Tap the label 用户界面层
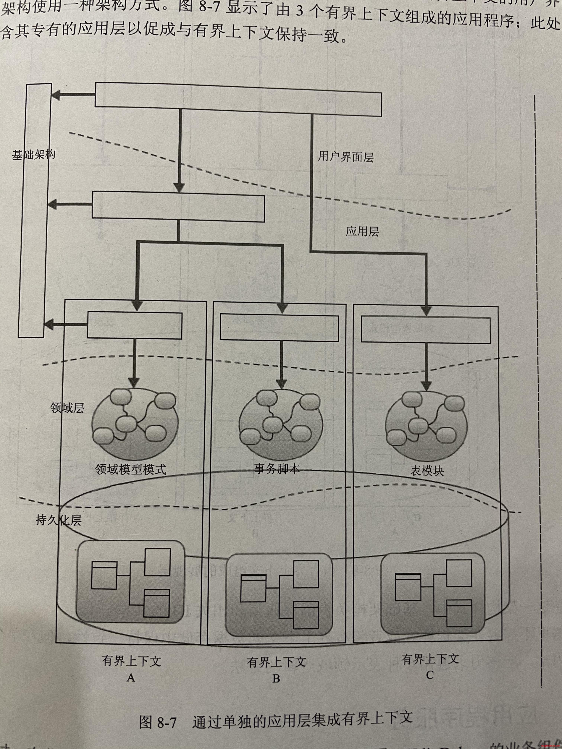(345, 157)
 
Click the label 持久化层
(59, 520)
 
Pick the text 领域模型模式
(131, 469)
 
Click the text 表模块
(427, 471)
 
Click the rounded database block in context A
(131, 581)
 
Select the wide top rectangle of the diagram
(238, 99)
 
